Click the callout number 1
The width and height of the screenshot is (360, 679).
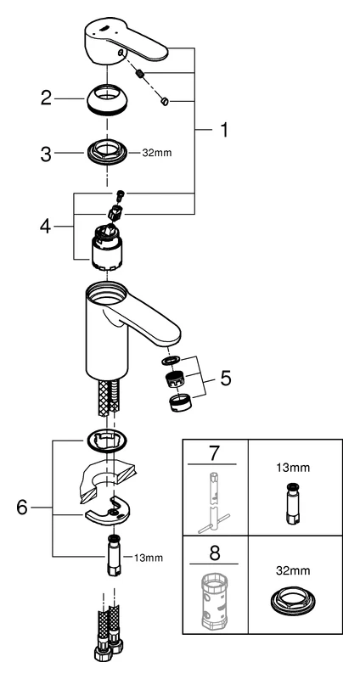tap(224, 131)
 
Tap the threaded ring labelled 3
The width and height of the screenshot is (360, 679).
tap(107, 154)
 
